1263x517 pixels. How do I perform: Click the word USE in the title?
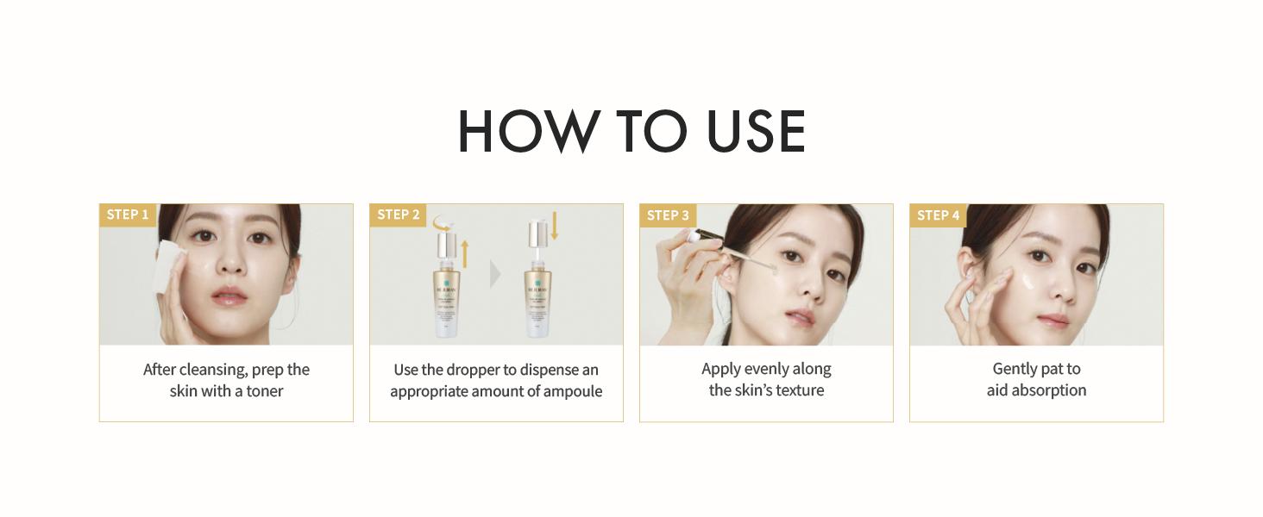[756, 132]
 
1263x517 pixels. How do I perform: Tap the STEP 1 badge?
[128, 215]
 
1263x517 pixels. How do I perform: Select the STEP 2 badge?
[398, 215]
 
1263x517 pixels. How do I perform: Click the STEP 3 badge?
[668, 215]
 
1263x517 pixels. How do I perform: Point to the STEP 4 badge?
[938, 215]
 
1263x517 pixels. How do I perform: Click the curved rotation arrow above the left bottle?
[446, 223]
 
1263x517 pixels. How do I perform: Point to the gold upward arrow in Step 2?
[465, 253]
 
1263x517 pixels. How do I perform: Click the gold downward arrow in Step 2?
[555, 226]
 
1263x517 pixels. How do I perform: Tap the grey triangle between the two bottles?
[494, 274]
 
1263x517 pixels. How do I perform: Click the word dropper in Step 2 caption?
[468, 370]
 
